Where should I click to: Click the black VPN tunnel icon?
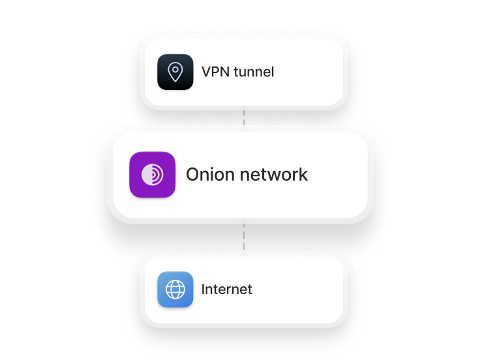175,72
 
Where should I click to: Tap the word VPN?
213,72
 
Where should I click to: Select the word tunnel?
252,72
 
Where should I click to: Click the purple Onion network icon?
152,175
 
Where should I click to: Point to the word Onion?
209,175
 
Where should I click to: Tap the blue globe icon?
175,289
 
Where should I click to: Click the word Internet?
227,289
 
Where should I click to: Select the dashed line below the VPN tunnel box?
244,118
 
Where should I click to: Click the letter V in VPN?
205,72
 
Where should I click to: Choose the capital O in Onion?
193,175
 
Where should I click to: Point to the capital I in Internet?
203,289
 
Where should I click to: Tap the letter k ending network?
303,175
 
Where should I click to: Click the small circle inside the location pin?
175,70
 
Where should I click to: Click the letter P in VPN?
213,72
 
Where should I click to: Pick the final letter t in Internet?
250,289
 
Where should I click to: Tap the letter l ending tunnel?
273,72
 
